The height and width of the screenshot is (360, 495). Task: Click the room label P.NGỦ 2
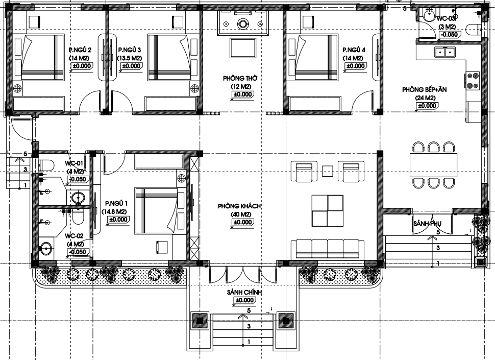80,50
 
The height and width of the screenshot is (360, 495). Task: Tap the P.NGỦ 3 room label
130,50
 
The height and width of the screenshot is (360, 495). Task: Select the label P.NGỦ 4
354,50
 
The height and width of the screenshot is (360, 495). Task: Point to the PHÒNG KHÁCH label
239,206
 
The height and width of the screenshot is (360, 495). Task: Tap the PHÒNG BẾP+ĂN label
424,90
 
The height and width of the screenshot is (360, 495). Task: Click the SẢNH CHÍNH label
244,292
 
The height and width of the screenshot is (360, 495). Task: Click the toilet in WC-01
46,164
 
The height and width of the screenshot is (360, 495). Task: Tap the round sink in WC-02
46,249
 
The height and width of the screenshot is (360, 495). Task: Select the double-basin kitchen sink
445,52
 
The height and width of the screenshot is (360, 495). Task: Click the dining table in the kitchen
433,164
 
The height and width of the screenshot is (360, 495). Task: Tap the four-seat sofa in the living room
327,249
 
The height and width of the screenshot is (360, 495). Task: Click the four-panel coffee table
328,210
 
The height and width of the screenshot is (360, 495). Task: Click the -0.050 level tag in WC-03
449,35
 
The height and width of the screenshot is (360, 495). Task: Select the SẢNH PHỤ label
427,224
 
